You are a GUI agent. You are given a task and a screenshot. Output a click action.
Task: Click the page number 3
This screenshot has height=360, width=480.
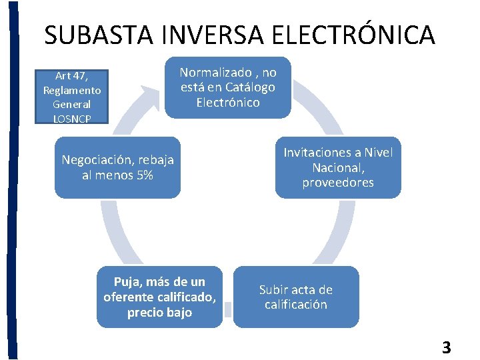click(446, 347)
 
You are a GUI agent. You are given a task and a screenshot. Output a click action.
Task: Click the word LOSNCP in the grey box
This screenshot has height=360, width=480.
click(71, 119)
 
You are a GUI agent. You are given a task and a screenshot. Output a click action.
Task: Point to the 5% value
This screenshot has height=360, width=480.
click(143, 175)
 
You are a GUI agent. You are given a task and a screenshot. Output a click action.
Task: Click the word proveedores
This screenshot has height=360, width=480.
click(338, 182)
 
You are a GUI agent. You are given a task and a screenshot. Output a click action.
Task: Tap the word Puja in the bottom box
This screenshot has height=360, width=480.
click(128, 281)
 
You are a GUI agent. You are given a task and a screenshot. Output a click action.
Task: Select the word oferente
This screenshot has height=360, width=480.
click(130, 297)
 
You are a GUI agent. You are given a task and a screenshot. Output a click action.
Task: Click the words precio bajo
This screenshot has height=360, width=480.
click(159, 312)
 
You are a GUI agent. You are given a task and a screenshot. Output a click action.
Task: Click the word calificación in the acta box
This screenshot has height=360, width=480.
click(296, 305)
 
